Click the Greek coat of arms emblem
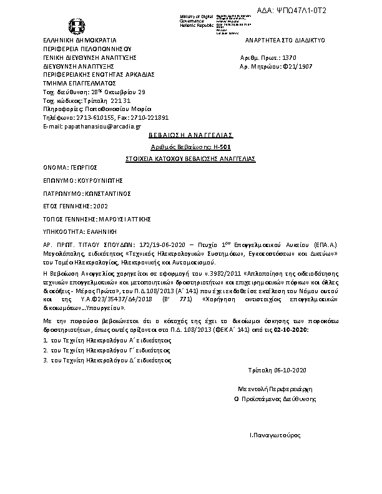[x=77, y=27]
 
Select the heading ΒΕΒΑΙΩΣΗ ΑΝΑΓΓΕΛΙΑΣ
[x=190, y=134]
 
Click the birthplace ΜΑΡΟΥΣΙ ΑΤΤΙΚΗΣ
[x=123, y=220]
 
